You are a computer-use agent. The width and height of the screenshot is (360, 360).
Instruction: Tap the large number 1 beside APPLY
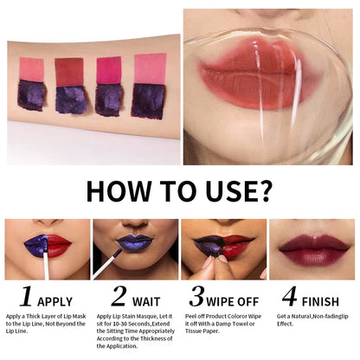pyautogui.click(x=27, y=297)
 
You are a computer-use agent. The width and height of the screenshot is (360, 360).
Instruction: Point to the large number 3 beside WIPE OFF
pyautogui.click(x=197, y=297)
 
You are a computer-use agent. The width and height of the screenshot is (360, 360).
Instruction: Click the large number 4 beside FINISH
pyautogui.click(x=289, y=297)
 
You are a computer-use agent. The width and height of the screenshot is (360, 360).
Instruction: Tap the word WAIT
pyautogui.click(x=146, y=300)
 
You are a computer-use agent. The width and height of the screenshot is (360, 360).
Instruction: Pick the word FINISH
pyautogui.click(x=323, y=300)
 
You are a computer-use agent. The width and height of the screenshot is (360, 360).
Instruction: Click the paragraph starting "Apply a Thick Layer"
pyautogui.click(x=45, y=325)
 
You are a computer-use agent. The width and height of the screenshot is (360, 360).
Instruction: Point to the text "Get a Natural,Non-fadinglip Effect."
pyautogui.click(x=309, y=321)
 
